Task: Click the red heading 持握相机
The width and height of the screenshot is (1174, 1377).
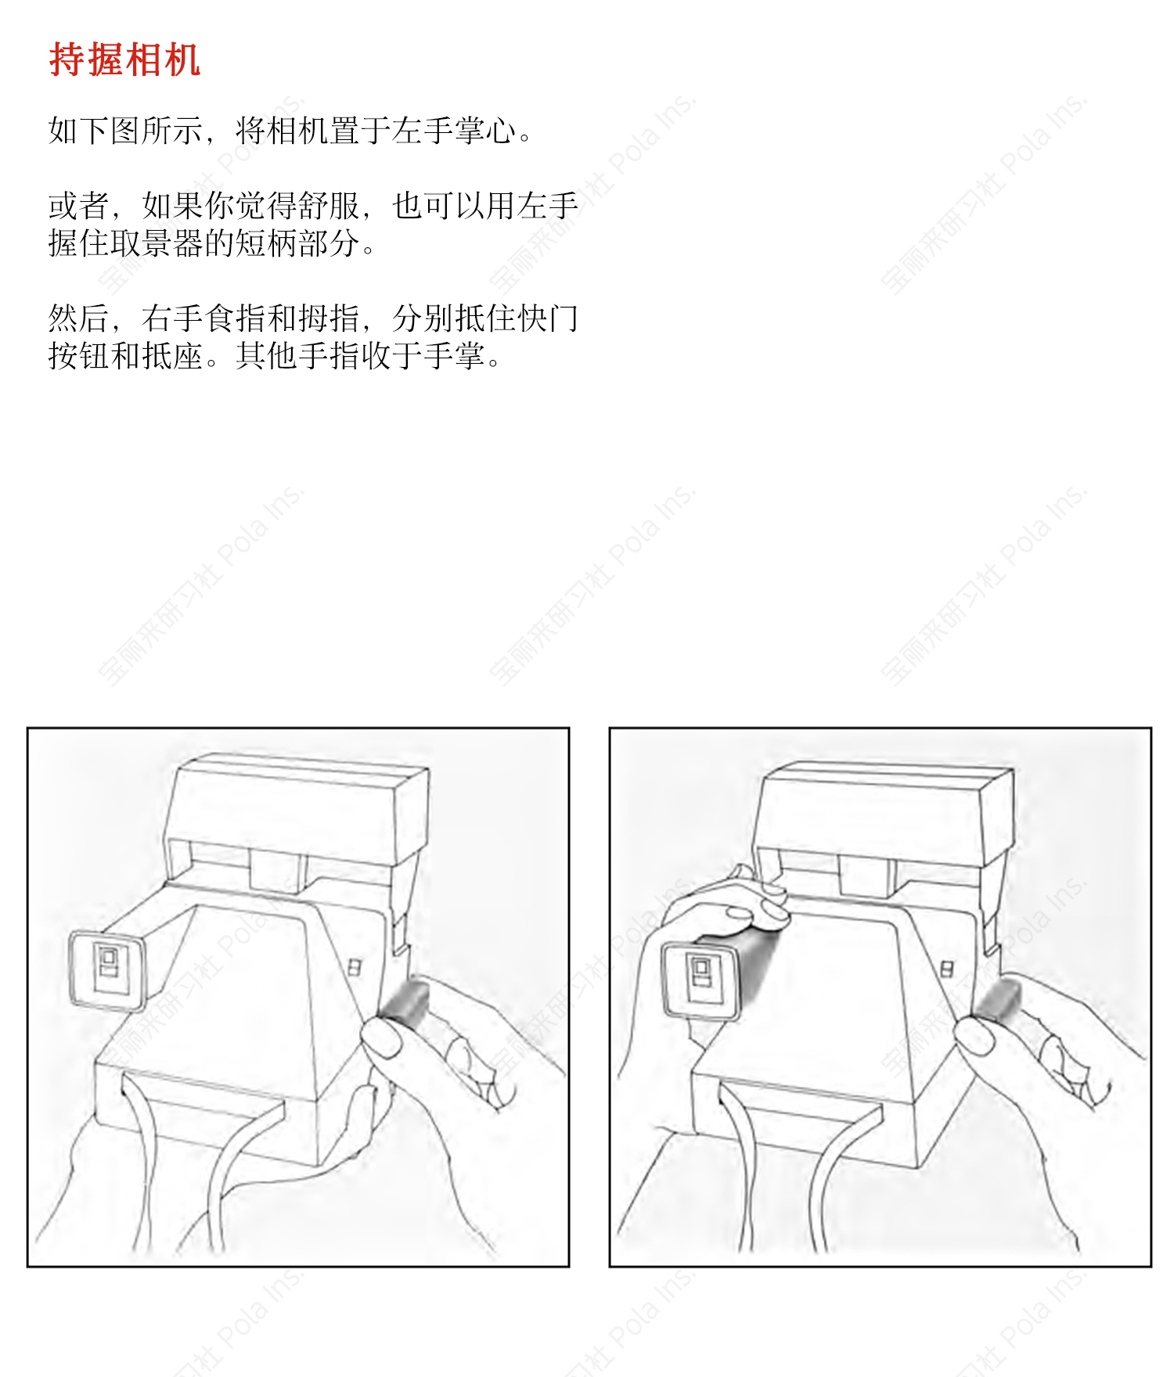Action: (x=124, y=59)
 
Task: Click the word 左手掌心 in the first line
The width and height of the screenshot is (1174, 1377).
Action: (x=454, y=131)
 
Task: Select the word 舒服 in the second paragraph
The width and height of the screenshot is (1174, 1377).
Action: (x=329, y=206)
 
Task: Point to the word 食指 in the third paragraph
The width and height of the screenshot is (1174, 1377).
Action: (x=236, y=318)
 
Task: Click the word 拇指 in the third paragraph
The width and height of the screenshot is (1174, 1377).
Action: (x=329, y=318)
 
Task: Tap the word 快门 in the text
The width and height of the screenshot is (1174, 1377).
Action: (x=548, y=318)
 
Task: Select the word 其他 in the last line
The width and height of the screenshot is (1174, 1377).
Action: (x=267, y=356)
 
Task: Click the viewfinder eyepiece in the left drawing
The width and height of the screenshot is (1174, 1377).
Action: (x=107, y=970)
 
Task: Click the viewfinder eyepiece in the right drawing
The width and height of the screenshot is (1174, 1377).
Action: (x=701, y=980)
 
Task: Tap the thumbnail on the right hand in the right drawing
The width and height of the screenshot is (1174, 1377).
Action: (x=975, y=1034)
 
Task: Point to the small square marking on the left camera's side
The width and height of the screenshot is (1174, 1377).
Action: (x=354, y=967)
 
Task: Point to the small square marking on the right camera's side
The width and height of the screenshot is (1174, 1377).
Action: (x=947, y=969)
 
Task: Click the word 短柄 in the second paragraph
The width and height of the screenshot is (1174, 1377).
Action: (x=267, y=243)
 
